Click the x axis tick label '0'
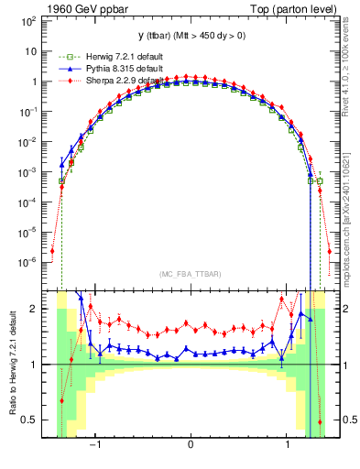point(190,445)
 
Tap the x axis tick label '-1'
point(94,445)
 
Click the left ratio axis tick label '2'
point(33,309)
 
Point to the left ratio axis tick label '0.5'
point(29,420)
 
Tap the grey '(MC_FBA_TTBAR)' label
point(190,274)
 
